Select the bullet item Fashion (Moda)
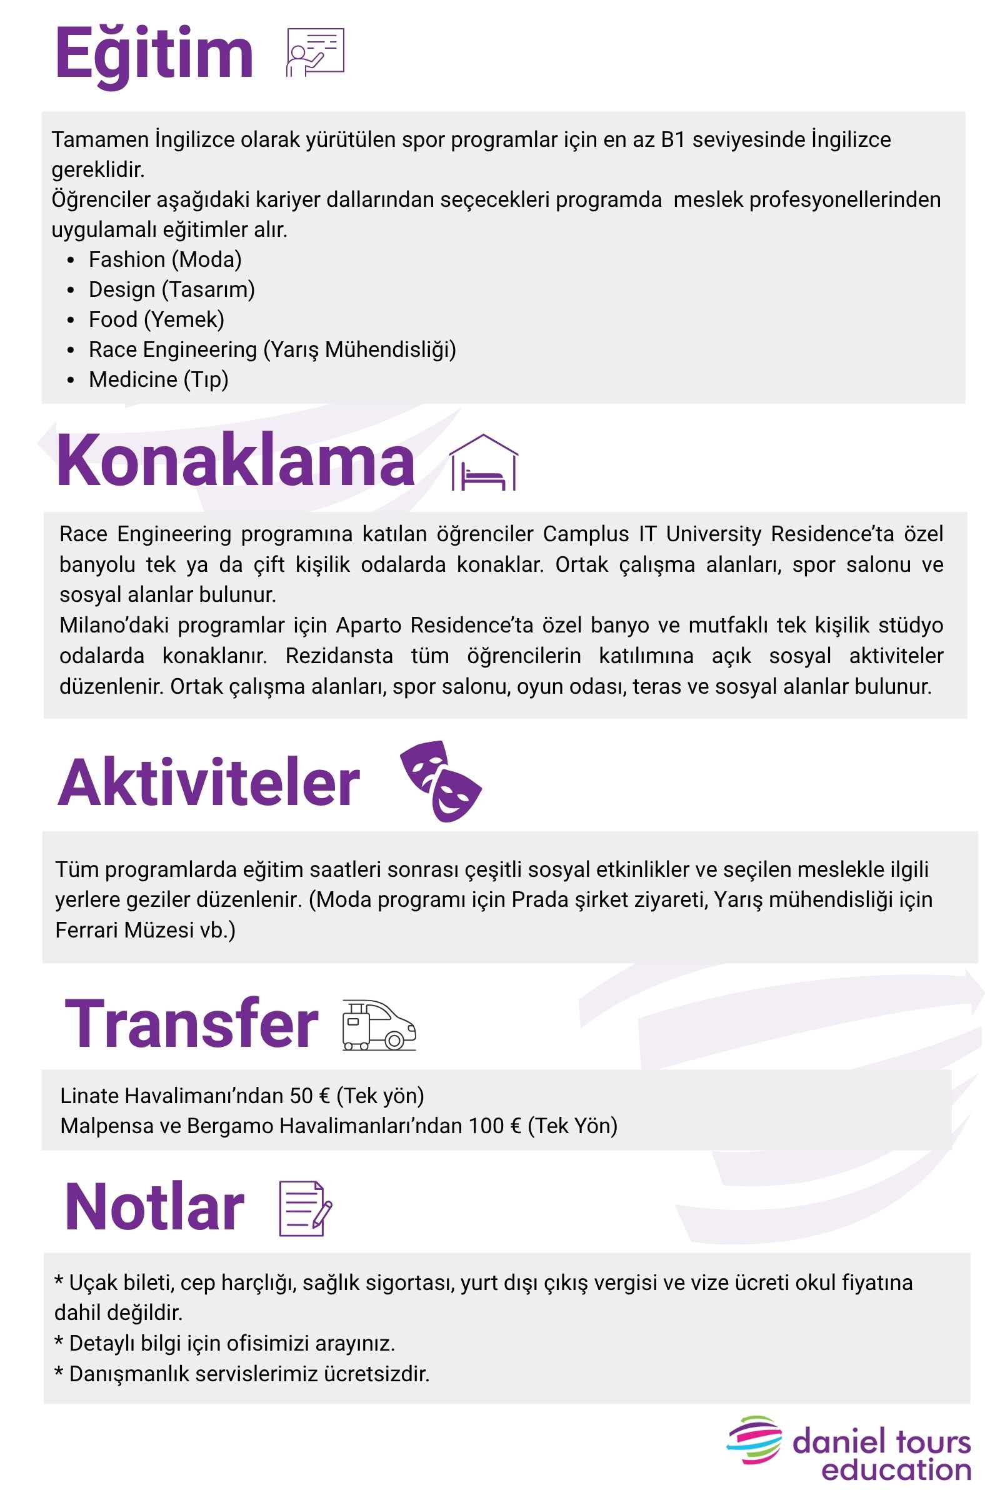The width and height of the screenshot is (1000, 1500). (x=164, y=259)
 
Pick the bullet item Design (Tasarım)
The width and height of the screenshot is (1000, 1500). (x=171, y=289)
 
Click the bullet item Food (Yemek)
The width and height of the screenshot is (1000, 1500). (x=156, y=319)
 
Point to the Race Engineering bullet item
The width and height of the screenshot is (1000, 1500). (x=272, y=349)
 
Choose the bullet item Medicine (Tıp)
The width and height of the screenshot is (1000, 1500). (x=158, y=379)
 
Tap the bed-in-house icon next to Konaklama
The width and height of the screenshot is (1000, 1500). (x=483, y=463)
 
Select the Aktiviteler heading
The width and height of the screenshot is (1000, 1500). (x=209, y=783)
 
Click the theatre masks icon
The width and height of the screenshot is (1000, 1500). (x=440, y=781)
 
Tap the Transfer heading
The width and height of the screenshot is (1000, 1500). (x=191, y=1024)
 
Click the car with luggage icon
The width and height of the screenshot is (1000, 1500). (x=379, y=1025)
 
